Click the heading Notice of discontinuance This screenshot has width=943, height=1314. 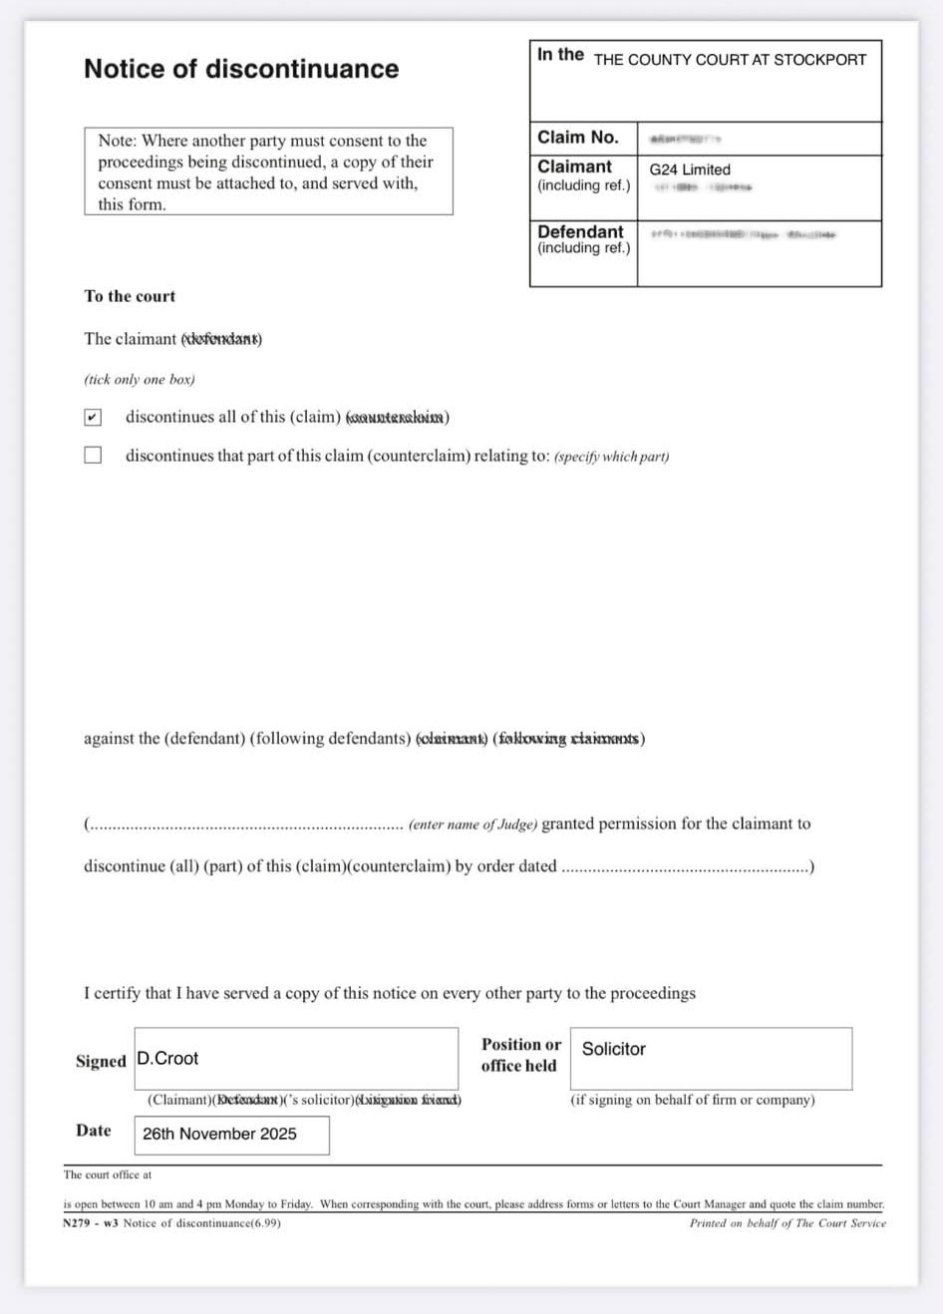[x=241, y=69]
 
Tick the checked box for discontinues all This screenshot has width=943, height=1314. [x=93, y=417]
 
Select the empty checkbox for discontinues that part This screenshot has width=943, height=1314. [x=93, y=456]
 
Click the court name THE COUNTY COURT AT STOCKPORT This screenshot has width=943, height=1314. [x=730, y=60]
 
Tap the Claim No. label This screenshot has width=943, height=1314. [x=578, y=138]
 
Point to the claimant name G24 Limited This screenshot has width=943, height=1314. [x=690, y=169]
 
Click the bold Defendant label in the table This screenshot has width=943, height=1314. [x=580, y=231]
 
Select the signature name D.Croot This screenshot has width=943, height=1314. [x=168, y=1058]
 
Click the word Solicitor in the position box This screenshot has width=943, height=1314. [x=614, y=1049]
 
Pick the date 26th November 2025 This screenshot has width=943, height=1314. [x=219, y=1134]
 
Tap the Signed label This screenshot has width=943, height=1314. [x=101, y=1061]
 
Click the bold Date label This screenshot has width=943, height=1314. [x=94, y=1130]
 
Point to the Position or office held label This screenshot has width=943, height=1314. [x=520, y=1055]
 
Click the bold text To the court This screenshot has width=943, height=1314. [x=130, y=296]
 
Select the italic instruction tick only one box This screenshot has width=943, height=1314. [x=140, y=380]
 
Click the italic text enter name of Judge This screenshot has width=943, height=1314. [x=472, y=824]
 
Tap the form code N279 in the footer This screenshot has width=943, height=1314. [x=76, y=1223]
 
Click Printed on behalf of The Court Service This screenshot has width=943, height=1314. [x=786, y=1223]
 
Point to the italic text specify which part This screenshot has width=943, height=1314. [x=611, y=457]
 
